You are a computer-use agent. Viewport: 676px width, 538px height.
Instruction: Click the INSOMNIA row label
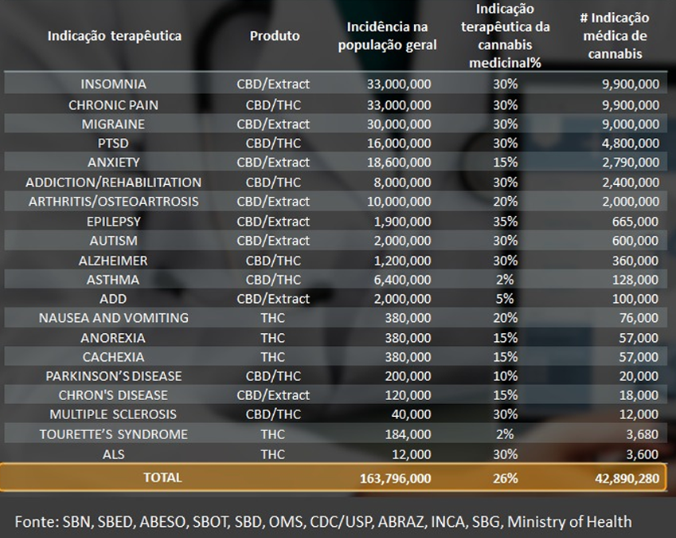[x=113, y=84]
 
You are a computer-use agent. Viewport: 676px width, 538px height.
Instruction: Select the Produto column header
[x=275, y=36]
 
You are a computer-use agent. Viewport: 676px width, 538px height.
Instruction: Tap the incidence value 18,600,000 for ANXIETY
[x=399, y=162]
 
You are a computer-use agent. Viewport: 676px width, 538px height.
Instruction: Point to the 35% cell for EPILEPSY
[x=505, y=221]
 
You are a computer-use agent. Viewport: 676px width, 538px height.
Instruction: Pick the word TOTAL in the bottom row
[x=162, y=477]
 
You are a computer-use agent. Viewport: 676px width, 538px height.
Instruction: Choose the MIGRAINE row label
[x=113, y=124]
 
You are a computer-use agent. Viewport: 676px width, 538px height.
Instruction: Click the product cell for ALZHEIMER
[x=273, y=260]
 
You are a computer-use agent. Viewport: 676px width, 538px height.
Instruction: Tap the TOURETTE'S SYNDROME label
[x=114, y=434]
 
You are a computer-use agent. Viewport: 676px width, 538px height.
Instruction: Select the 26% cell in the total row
[x=505, y=478]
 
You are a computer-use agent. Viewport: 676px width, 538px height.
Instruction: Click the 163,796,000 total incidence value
[x=390, y=478]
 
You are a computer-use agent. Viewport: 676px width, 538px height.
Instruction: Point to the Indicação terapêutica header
[x=114, y=36]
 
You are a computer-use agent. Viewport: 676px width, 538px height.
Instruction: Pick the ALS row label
[x=113, y=454]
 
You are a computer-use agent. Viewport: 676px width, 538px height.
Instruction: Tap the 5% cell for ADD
[x=505, y=299]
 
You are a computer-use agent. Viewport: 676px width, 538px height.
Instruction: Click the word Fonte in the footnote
[x=33, y=521]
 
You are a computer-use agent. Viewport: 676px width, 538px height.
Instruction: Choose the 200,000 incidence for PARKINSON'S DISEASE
[x=406, y=376]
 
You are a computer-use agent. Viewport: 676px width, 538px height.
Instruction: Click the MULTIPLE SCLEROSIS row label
[x=113, y=414]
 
